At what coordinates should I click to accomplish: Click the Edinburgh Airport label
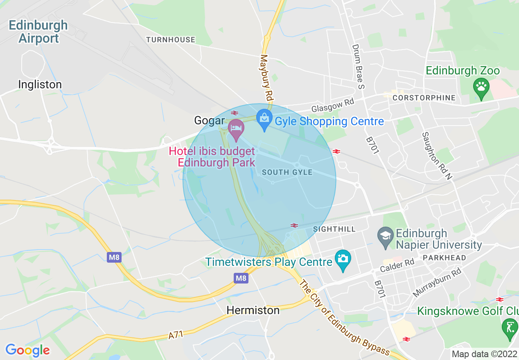pos(38,32)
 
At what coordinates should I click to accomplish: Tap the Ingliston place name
pos(40,85)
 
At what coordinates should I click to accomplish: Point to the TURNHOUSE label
pos(171,40)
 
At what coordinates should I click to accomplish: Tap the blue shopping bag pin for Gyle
pos(264,119)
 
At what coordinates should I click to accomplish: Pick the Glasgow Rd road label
pos(332,106)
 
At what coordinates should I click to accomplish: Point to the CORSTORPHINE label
pos(424,98)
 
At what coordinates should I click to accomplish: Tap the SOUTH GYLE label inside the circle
pos(287,172)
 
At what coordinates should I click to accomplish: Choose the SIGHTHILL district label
pos(334,229)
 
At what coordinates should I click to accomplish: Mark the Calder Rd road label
pos(397,265)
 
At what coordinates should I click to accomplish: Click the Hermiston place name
pos(253,310)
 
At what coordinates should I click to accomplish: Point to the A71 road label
pos(176,335)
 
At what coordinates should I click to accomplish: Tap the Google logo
pos(27,350)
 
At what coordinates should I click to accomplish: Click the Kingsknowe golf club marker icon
pos(510,328)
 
